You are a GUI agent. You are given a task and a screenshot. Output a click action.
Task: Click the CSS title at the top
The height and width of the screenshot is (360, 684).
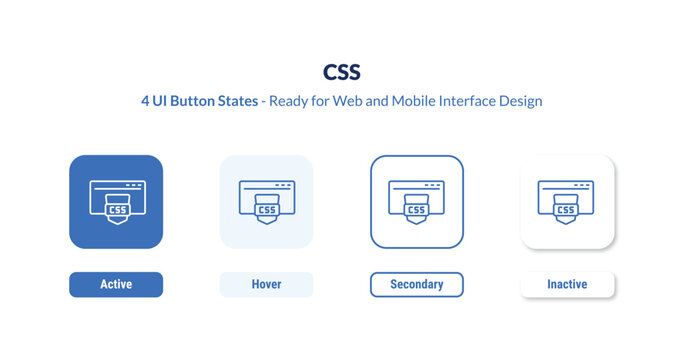point(342,73)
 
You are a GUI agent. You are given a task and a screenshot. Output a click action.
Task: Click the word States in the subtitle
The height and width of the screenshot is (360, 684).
point(231,102)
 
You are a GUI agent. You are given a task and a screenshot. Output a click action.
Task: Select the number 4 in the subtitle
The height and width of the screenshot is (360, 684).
point(146,102)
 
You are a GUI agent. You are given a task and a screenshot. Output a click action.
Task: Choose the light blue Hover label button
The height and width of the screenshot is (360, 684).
point(266,285)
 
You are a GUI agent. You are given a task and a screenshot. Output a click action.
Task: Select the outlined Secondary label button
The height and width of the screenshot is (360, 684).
point(417,285)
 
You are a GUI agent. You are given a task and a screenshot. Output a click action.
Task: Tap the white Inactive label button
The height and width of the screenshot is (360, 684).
point(567,285)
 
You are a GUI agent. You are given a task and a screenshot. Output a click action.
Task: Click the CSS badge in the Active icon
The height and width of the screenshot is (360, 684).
point(117,210)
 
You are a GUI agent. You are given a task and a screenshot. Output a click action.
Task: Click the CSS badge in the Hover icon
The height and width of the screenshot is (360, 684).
point(267,210)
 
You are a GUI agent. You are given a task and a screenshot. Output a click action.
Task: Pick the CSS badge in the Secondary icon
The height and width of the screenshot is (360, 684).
point(417,210)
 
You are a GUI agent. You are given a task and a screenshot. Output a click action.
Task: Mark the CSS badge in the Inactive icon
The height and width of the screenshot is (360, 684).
point(566,210)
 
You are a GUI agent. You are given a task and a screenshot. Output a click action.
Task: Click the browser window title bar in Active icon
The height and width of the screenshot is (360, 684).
point(117,186)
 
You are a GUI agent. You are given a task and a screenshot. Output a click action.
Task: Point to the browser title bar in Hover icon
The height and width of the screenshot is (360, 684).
point(267,186)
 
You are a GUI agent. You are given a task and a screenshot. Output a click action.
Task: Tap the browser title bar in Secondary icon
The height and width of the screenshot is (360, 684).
point(417,186)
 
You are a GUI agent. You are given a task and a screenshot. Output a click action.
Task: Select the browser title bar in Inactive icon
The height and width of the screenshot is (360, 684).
point(566,186)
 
